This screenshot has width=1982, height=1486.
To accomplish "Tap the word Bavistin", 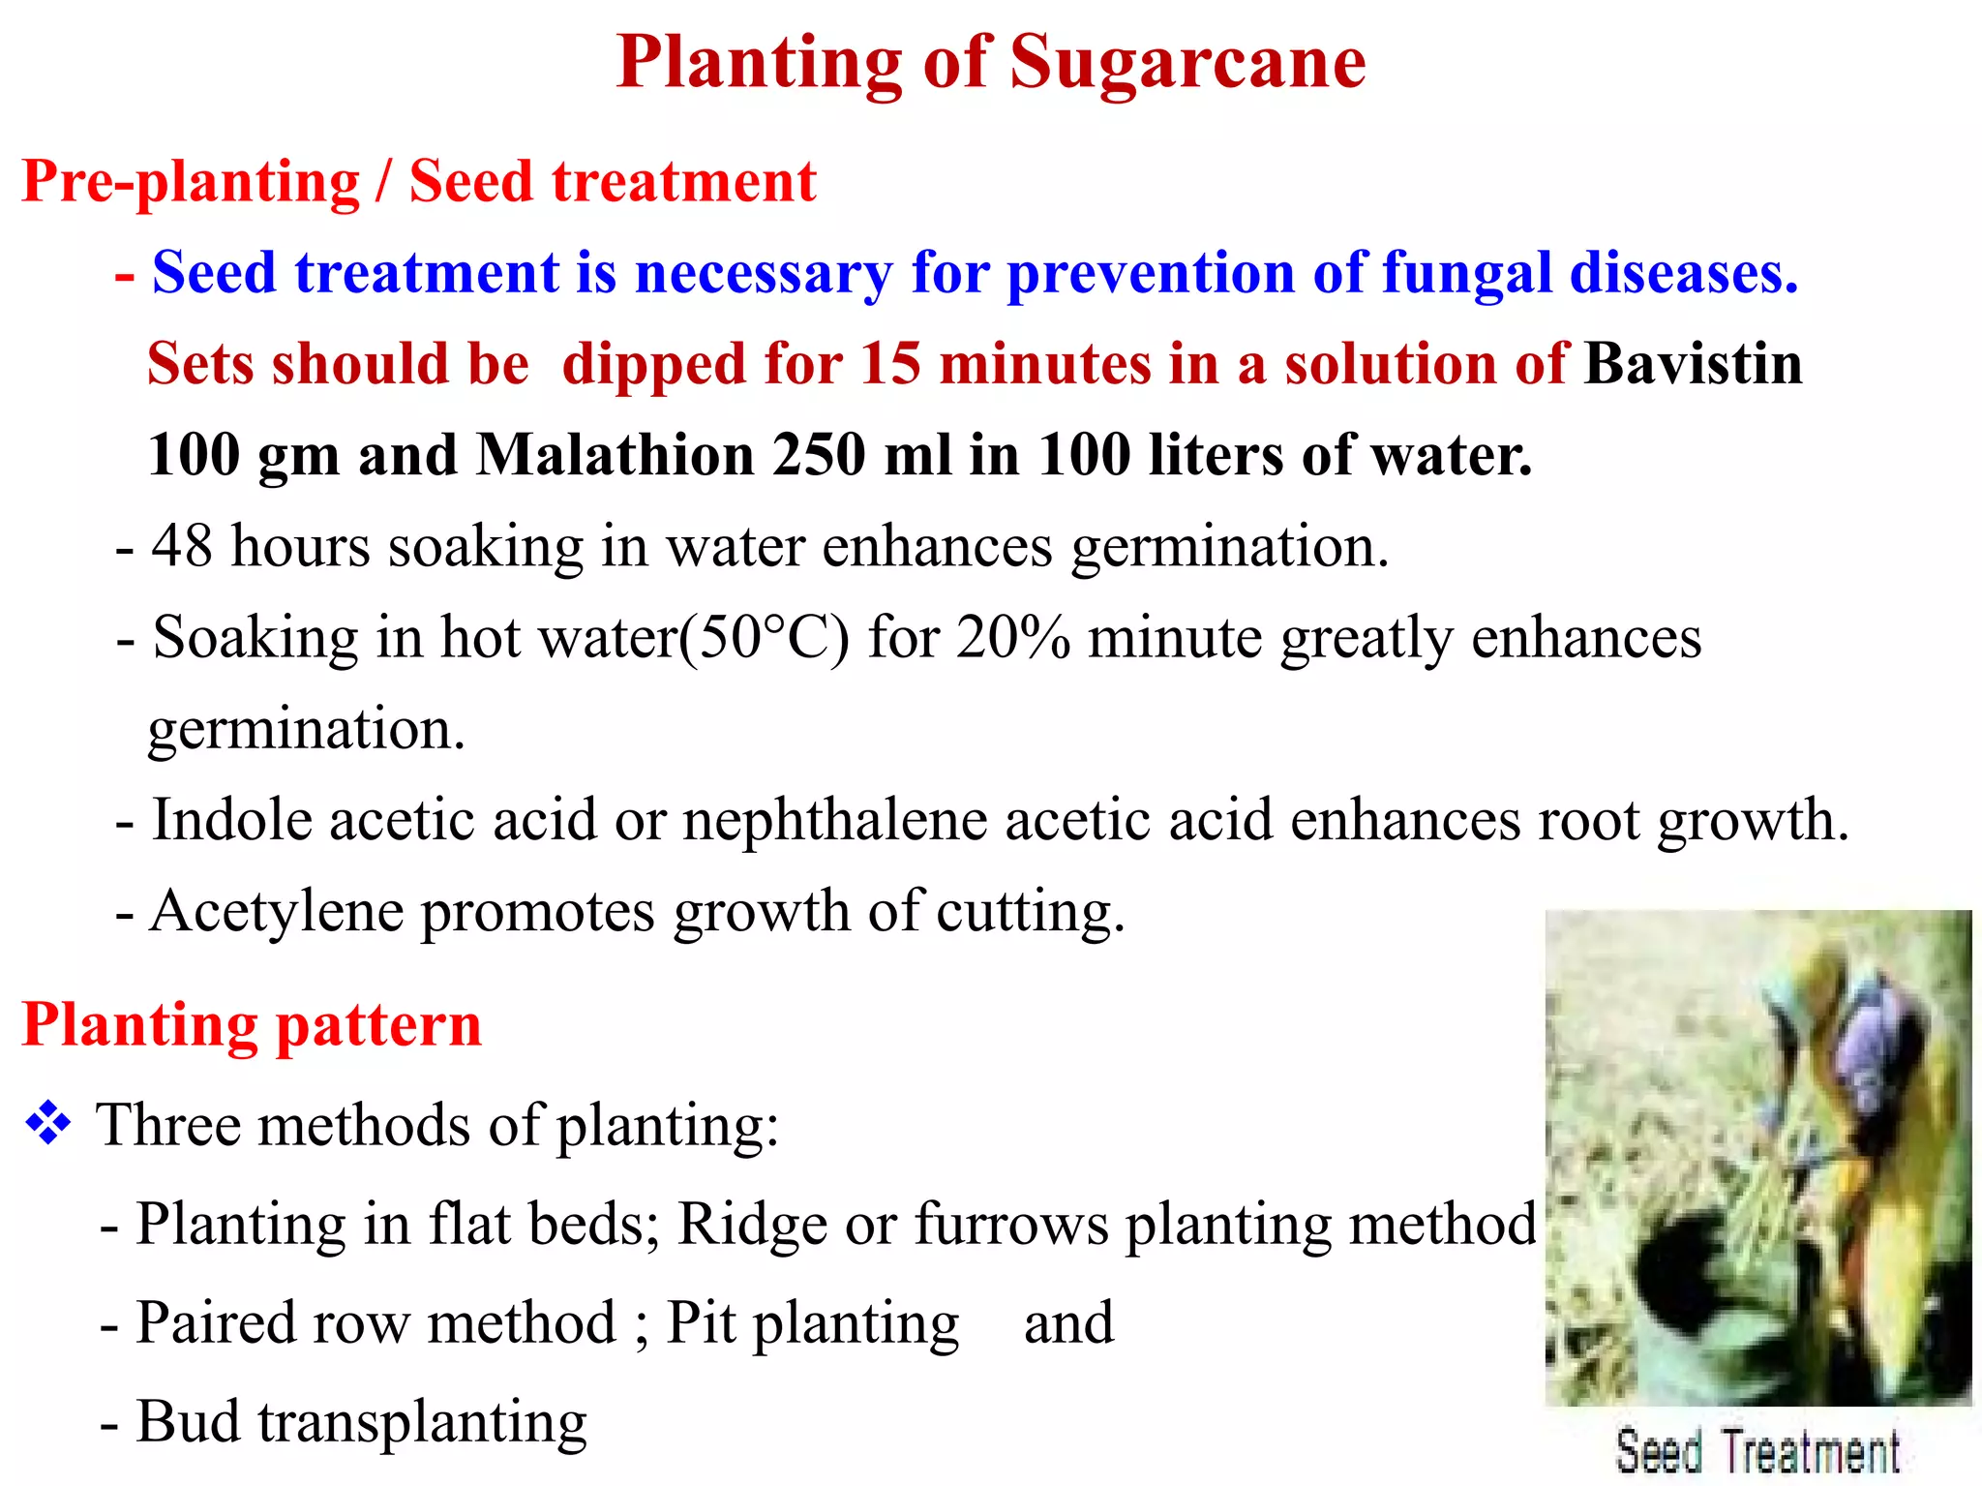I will pyautogui.click(x=1693, y=364).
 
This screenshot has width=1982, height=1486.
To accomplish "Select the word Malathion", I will pyautogui.click(x=615, y=455).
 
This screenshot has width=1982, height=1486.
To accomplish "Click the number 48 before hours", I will pyautogui.click(x=182, y=546).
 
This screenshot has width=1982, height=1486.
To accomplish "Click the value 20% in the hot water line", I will pyautogui.click(x=1012, y=638).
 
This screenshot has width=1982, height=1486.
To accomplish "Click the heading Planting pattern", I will pyautogui.click(x=252, y=1024).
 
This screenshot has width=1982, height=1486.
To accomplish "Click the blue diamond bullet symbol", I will pyautogui.click(x=48, y=1125).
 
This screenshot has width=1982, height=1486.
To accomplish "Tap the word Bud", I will pyautogui.click(x=188, y=1421).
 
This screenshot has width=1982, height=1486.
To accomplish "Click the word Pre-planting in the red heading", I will pyautogui.click(x=191, y=181).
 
